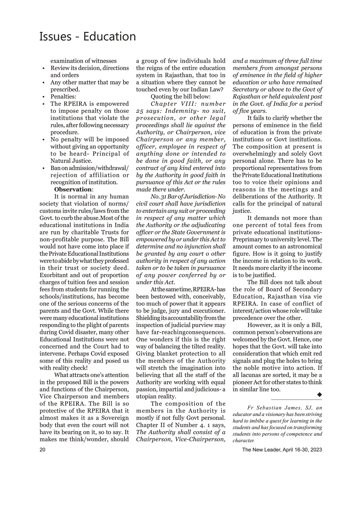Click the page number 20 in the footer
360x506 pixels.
tap(43, 450)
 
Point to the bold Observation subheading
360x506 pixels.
tap(73, 190)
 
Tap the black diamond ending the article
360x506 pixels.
tap(319, 395)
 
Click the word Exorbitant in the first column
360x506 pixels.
tap(53, 275)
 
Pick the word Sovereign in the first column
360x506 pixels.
tap(116, 418)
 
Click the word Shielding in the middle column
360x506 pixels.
tap(148, 318)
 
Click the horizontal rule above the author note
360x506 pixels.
tap(296, 400)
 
